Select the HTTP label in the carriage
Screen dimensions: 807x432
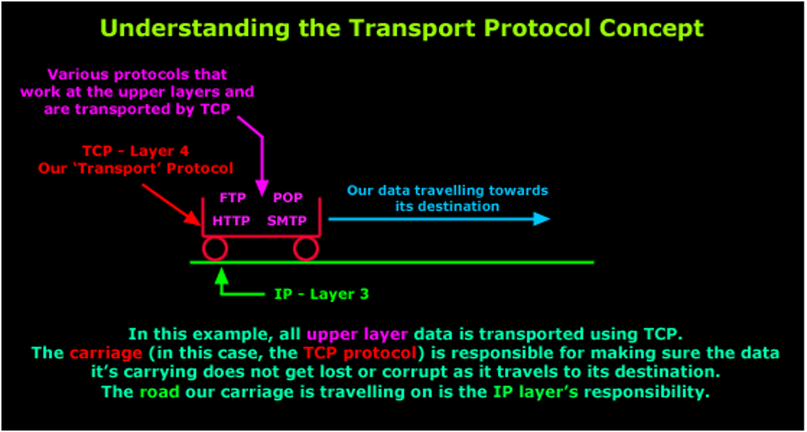tap(232, 220)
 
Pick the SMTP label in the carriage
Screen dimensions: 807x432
tap(287, 220)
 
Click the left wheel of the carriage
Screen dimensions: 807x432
tap(214, 249)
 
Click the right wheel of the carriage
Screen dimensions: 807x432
tap(305, 249)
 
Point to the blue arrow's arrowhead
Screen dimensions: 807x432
tap(542, 219)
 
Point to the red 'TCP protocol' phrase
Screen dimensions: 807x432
tap(359, 353)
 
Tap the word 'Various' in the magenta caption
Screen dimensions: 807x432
tap(76, 74)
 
